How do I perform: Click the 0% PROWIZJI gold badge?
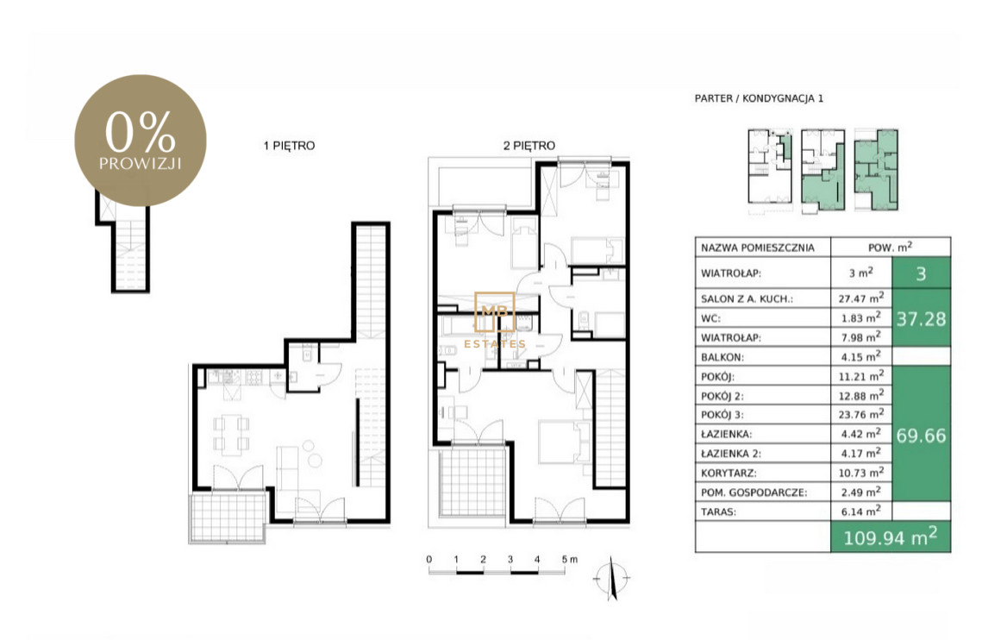click(141, 141)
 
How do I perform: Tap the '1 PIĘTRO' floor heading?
click(289, 146)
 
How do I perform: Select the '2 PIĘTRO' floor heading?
click(529, 146)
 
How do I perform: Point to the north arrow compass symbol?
click(611, 578)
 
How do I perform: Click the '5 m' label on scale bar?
click(570, 559)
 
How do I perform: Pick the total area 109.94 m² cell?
click(891, 537)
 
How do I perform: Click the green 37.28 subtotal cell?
click(922, 318)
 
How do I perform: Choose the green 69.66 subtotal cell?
click(922, 435)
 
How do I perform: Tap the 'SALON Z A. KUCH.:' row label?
click(747, 299)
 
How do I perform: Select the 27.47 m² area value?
click(861, 298)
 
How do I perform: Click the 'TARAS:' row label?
click(718, 512)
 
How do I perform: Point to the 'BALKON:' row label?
click(722, 357)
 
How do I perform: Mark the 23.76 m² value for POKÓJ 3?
click(861, 414)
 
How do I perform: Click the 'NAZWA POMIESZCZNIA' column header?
click(758, 248)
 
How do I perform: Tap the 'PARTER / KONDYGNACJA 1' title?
click(759, 98)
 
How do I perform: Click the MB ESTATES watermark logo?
click(495, 320)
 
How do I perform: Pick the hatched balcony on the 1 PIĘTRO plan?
click(228, 517)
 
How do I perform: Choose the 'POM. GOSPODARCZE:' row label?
click(754, 493)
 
